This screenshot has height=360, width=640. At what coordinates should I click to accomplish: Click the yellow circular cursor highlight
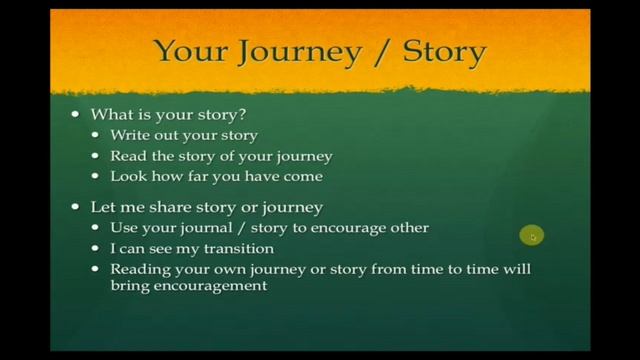(531, 236)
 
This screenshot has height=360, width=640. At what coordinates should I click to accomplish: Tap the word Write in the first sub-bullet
(130, 135)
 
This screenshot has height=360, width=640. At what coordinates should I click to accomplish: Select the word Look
(128, 176)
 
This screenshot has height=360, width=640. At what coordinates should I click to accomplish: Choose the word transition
(237, 248)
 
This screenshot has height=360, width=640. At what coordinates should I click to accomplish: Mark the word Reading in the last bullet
(140, 269)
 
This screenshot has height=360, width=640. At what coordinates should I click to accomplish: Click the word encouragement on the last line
(209, 285)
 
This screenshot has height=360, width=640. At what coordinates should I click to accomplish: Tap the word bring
(129, 285)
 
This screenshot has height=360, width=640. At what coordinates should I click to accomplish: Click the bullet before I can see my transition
(97, 249)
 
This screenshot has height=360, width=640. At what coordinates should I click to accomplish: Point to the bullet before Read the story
(97, 156)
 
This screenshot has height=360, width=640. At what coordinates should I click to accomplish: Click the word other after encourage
(408, 228)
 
